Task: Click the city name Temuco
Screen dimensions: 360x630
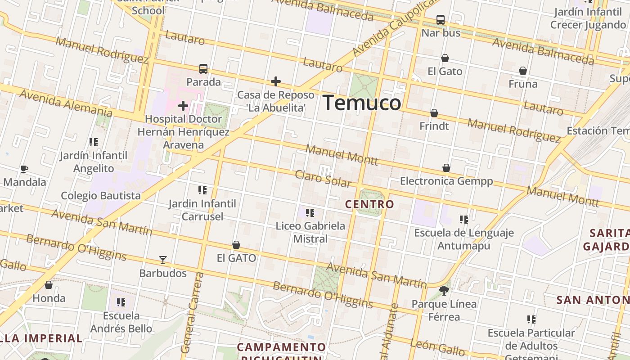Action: click(362, 103)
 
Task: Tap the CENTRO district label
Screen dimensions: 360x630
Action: click(369, 204)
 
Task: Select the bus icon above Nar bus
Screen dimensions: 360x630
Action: click(441, 20)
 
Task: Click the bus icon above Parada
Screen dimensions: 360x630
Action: click(203, 69)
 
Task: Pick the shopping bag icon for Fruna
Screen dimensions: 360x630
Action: click(523, 71)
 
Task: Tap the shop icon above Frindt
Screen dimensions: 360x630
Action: click(434, 113)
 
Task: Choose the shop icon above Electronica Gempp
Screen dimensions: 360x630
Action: click(446, 168)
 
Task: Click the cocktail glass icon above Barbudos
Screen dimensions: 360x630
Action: click(163, 260)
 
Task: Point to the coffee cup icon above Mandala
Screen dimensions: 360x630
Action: click(24, 169)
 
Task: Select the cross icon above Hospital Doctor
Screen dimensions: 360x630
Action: click(183, 106)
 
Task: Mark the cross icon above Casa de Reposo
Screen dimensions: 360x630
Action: click(276, 81)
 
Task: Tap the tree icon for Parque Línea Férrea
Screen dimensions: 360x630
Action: click(444, 290)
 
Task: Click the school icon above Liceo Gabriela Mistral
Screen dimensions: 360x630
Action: click(310, 212)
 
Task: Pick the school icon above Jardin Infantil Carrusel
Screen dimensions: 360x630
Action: click(202, 190)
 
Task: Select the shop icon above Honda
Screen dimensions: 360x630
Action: click(49, 285)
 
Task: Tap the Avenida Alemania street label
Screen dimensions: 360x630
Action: click(66, 103)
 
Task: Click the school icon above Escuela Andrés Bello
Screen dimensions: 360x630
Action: click(121, 302)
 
